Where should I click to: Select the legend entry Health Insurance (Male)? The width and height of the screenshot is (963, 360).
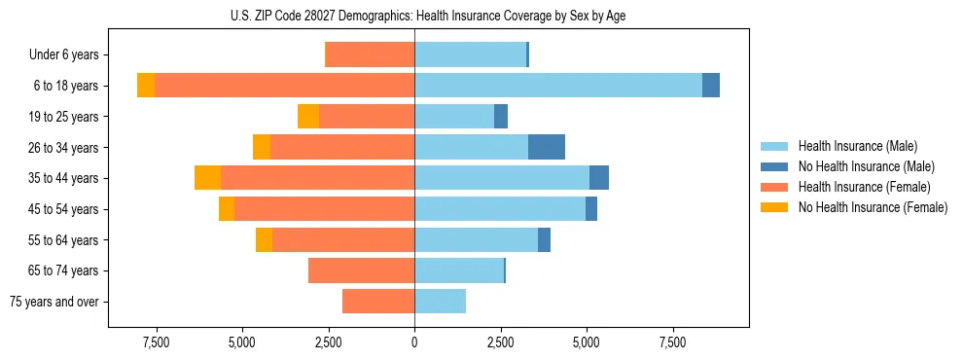coord(857,146)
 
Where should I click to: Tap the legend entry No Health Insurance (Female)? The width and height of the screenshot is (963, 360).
coord(873,207)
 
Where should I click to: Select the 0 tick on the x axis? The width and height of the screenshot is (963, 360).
coord(414,342)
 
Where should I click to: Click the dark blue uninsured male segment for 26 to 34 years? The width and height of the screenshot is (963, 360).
coord(547,147)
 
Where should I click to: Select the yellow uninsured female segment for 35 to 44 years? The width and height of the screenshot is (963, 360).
coord(207,178)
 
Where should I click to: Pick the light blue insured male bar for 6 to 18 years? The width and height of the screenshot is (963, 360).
coord(558,86)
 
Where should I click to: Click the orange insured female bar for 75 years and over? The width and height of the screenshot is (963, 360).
coord(378,302)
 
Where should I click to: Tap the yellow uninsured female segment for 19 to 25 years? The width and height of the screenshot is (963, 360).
coord(308,117)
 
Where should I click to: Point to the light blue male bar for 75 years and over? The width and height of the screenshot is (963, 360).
coord(440,302)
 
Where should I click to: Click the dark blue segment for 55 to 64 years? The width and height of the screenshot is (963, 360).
coord(544,239)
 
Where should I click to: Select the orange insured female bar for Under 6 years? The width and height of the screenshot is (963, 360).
coord(370,54)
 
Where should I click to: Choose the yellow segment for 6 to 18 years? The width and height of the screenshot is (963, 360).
coord(146,86)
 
